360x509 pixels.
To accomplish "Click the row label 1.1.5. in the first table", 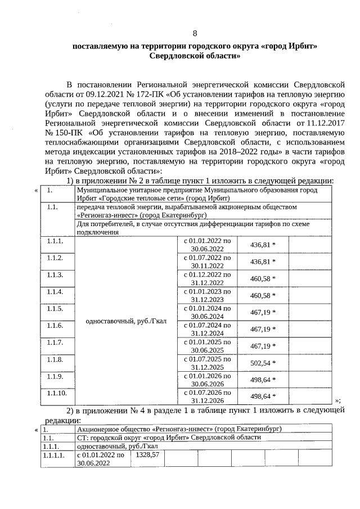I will (55, 309).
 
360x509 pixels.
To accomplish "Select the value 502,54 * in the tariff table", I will (263, 363).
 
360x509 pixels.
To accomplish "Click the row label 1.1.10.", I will (57, 393).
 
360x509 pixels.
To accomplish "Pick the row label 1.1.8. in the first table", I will (55, 359).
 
